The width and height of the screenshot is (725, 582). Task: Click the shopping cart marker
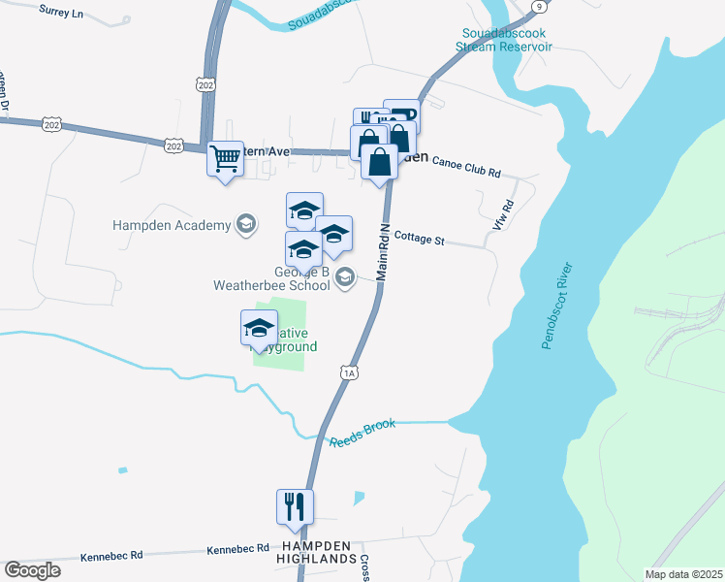click(226, 158)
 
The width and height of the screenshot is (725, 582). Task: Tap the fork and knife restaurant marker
click(295, 506)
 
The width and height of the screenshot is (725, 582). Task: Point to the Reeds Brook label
click(362, 433)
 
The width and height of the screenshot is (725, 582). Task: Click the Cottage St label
click(419, 238)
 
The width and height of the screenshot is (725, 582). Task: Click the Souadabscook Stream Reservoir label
click(505, 40)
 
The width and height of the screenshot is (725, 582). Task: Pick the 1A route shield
click(350, 372)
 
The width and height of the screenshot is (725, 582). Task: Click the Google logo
click(32, 570)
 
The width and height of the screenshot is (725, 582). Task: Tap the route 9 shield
click(538, 7)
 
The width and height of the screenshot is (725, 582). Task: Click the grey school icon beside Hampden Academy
click(246, 225)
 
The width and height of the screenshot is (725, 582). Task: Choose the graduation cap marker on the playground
click(259, 328)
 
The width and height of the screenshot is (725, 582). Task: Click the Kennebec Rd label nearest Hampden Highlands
click(237, 549)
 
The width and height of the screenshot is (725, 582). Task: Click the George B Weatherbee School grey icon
click(344, 279)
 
